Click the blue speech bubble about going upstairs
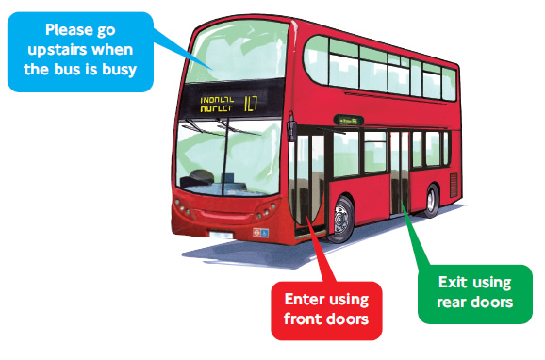(x=79, y=50)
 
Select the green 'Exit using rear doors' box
(x=474, y=291)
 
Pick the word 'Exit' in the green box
(x=454, y=282)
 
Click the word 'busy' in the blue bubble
(x=118, y=70)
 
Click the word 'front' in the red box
(x=305, y=324)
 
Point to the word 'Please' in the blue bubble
(x=69, y=30)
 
